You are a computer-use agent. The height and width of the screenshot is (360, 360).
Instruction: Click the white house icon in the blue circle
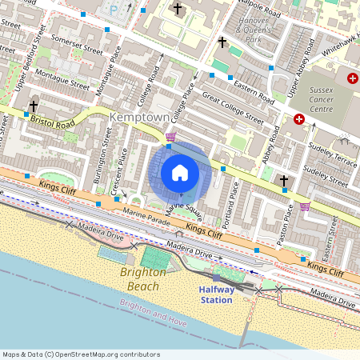click(x=180, y=173)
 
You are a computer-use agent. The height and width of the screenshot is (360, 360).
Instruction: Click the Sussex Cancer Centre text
click(x=333, y=97)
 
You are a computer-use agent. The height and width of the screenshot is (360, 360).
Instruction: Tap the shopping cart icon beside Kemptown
click(x=170, y=137)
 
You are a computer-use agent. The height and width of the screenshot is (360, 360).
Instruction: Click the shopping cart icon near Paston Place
click(x=305, y=206)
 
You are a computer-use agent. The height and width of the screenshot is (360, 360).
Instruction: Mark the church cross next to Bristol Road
click(x=33, y=106)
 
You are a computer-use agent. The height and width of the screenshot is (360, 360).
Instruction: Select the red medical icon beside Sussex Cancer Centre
click(x=299, y=119)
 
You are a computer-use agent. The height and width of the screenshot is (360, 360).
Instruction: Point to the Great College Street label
click(x=232, y=108)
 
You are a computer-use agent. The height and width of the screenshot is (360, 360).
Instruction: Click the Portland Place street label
click(x=233, y=205)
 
